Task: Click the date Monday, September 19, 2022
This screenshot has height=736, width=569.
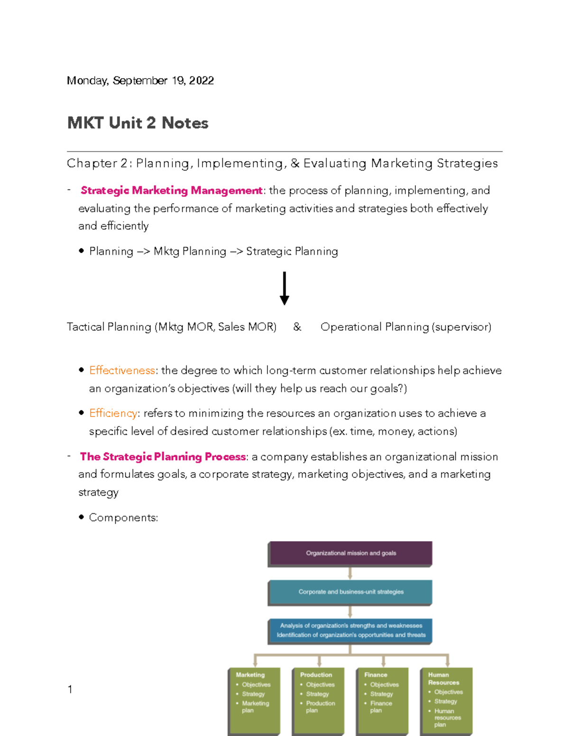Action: click(140, 81)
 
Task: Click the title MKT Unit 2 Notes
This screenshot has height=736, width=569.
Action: click(138, 123)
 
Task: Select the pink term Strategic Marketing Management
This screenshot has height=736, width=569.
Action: click(171, 191)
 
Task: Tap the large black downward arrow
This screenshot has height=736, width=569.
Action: click(284, 288)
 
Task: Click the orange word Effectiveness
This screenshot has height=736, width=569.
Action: click(122, 370)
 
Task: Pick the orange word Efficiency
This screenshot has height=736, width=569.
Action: click(113, 413)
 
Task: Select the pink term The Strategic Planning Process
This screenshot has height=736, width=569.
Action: click(163, 457)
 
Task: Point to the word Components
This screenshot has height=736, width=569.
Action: click(123, 518)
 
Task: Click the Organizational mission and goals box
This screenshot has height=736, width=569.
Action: click(350, 553)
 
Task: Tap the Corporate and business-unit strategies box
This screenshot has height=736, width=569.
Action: click(350, 592)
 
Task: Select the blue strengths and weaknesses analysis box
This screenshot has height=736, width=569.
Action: click(350, 630)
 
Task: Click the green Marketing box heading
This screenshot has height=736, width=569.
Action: click(250, 675)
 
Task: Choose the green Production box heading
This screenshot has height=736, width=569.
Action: click(316, 675)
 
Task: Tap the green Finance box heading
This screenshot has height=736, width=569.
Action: click(376, 675)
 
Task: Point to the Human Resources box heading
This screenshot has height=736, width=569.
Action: click(443, 679)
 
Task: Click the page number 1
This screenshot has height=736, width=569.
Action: click(70, 690)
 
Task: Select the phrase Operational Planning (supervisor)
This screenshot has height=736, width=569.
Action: click(406, 327)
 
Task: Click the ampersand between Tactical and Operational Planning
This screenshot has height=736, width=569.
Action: click(297, 327)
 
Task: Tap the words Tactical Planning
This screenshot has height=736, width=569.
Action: click(109, 327)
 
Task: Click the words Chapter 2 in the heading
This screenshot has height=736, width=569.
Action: click(97, 164)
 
